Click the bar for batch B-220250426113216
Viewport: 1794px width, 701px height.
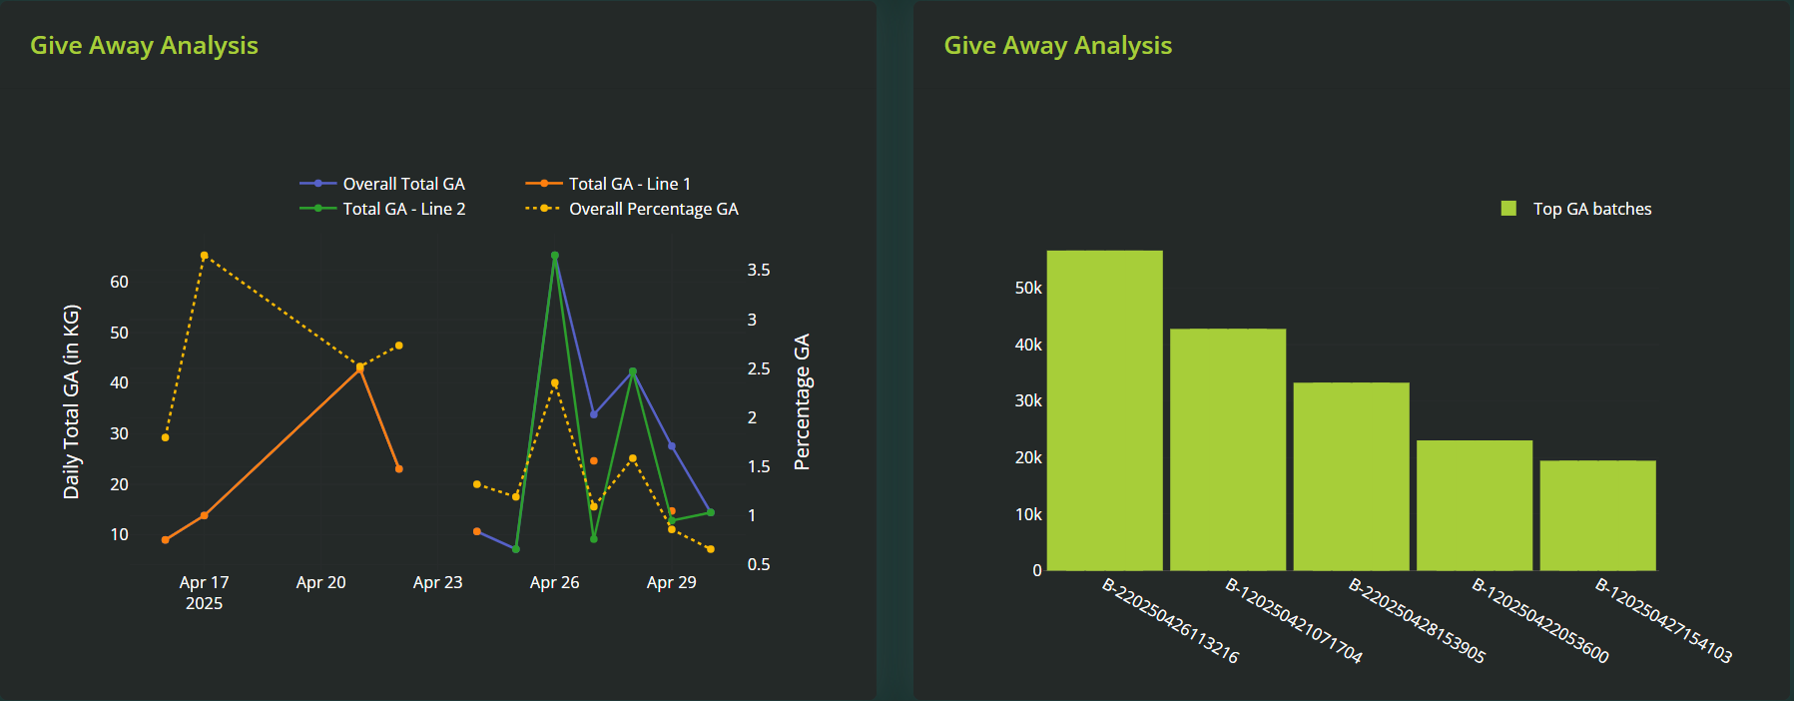(1104, 410)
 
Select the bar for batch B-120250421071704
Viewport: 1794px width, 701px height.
(1227, 449)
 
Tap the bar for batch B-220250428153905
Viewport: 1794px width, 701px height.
(1351, 476)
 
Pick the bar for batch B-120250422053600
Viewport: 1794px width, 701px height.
(1474, 505)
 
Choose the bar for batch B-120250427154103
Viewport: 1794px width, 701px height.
(1597, 515)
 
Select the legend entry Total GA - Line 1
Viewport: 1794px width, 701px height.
(629, 184)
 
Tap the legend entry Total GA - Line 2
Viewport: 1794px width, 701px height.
(403, 209)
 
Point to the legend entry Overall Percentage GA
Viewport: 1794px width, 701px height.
(653, 209)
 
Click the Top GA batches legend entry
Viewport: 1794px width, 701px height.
(1591, 209)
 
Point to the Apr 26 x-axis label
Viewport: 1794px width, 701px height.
(554, 582)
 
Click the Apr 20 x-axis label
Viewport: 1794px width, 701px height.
(320, 582)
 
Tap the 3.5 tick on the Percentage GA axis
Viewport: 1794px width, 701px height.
(759, 270)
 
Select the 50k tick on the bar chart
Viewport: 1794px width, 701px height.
(1028, 288)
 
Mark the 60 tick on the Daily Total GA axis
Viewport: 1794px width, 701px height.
(120, 282)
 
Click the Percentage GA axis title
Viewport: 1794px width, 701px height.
(802, 401)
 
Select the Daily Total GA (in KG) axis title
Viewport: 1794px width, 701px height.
(71, 401)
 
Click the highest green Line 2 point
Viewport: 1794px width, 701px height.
(555, 256)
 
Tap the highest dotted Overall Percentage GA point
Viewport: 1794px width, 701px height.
(204, 256)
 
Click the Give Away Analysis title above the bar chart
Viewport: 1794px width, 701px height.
(1057, 46)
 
